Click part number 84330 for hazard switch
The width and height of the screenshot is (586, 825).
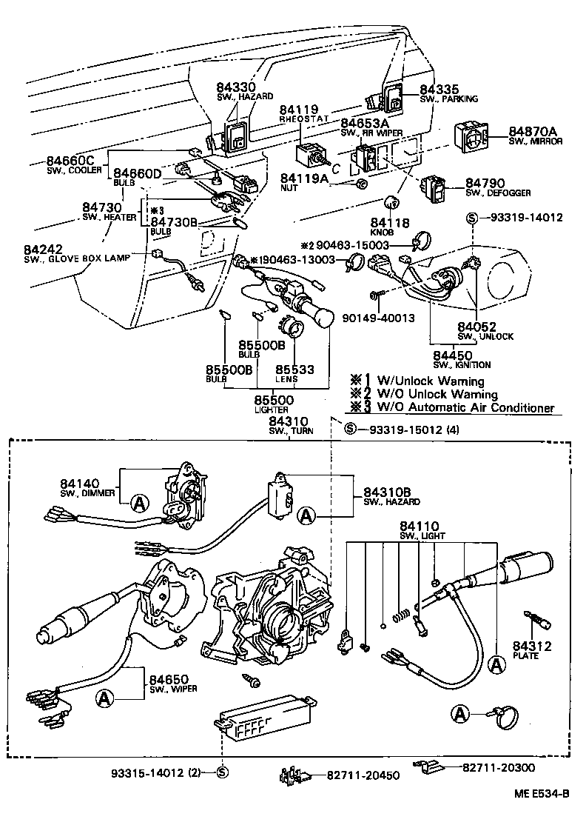(x=235, y=87)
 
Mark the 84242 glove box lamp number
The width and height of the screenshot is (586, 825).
(x=42, y=248)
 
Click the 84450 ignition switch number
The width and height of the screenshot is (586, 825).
(x=452, y=355)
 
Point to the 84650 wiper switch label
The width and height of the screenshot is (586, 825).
(x=168, y=679)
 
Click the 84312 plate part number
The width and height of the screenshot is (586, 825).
(x=532, y=647)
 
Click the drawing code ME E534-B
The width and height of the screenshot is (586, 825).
(x=542, y=814)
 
